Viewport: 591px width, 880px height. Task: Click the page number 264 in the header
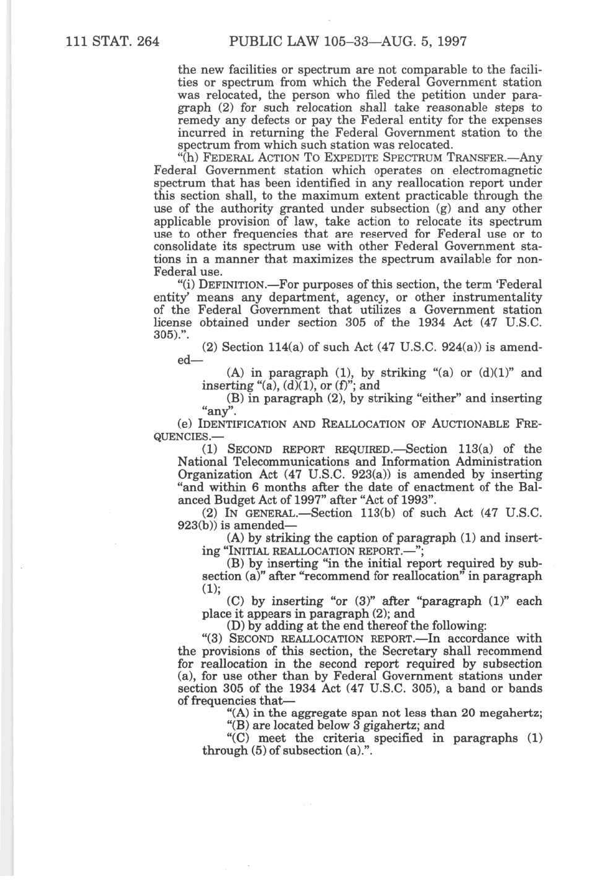(x=145, y=42)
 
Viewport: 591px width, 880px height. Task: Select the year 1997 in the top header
(x=451, y=42)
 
